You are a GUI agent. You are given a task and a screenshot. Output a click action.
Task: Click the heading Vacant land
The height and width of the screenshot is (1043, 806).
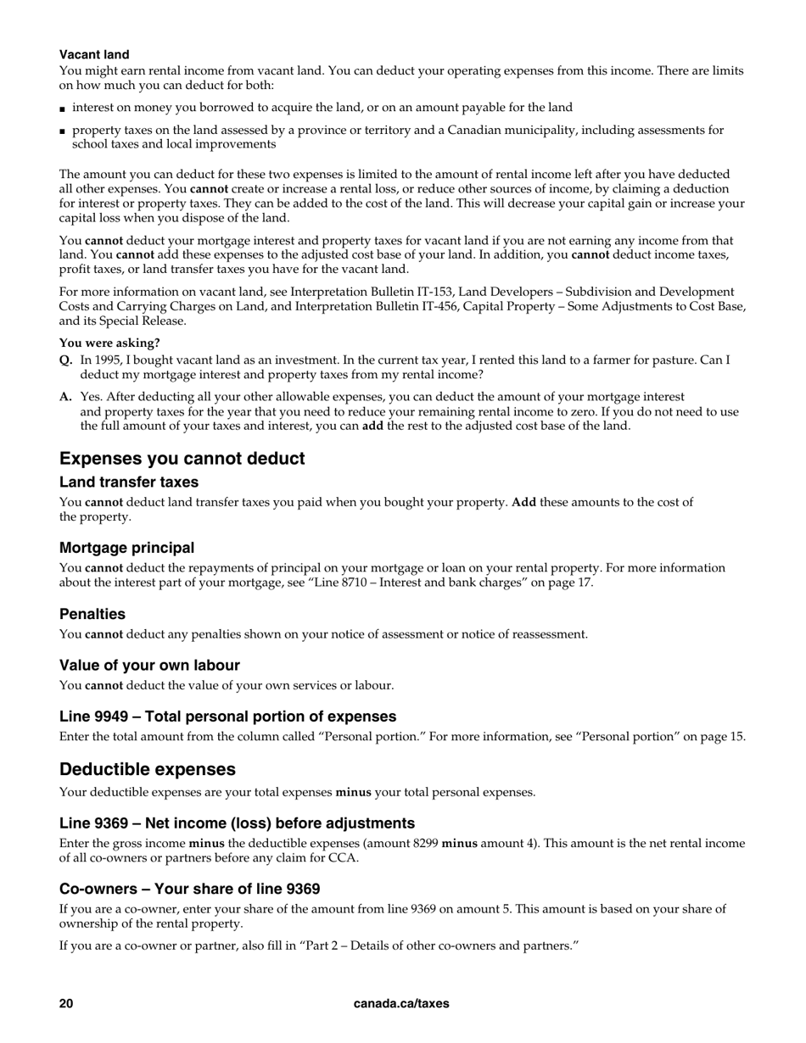coord(94,55)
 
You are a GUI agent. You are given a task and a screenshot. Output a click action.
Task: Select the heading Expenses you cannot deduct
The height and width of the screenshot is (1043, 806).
coord(182,459)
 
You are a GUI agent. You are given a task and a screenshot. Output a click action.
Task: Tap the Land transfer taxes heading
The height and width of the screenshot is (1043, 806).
coord(129,482)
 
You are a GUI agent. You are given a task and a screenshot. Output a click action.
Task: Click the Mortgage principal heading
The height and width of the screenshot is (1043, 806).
coord(126,548)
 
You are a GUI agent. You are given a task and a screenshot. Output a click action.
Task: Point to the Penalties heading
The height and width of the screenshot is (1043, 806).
coord(92,614)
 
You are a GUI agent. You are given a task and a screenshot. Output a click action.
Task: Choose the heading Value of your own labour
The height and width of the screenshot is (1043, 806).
coord(149,666)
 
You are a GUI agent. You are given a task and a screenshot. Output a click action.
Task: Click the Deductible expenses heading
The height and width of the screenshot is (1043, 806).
coord(148,770)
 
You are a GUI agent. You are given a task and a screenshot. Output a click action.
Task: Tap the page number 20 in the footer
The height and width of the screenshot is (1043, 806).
coord(66,1004)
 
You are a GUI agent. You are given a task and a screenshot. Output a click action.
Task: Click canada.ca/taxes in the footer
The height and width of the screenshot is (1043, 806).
coord(401,1004)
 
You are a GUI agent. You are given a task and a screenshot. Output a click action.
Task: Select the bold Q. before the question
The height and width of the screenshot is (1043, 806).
coord(65,360)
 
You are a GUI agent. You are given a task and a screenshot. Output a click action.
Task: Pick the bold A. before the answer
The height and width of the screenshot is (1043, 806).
coord(65,397)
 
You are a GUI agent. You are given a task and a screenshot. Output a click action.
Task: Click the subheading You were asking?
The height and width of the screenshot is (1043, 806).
coord(109,343)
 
